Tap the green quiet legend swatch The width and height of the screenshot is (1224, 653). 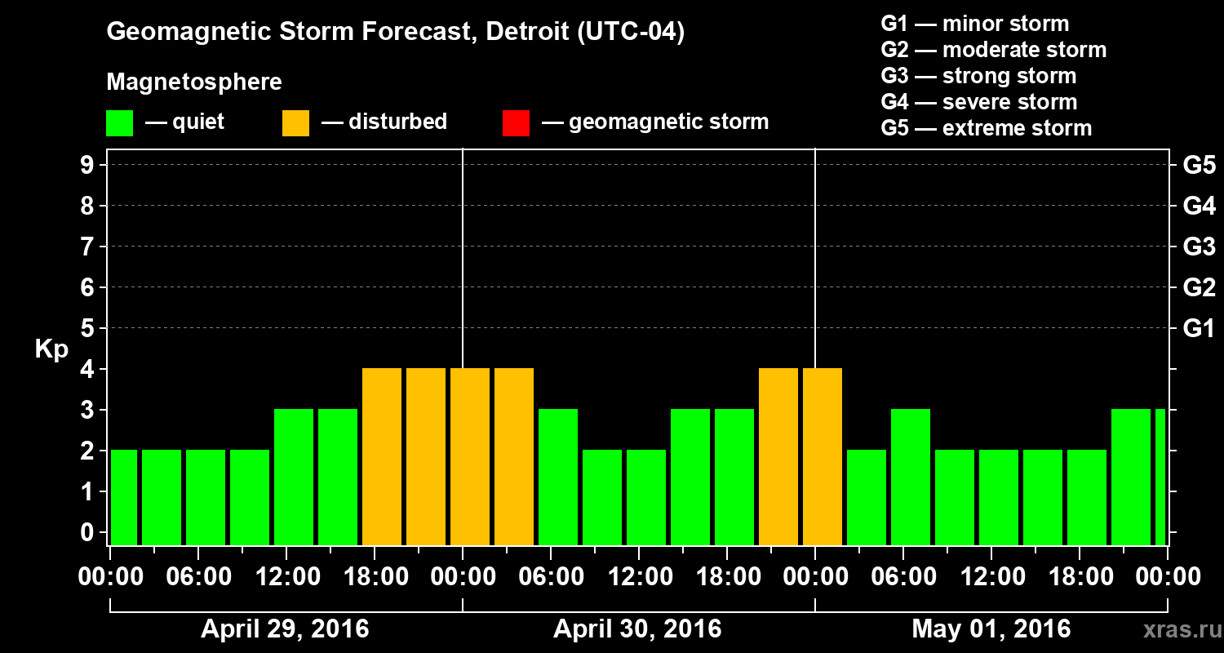click(x=119, y=122)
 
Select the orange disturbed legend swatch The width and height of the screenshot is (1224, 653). click(x=295, y=122)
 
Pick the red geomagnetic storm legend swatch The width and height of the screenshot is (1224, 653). click(x=516, y=122)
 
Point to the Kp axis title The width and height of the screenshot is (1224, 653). click(x=51, y=349)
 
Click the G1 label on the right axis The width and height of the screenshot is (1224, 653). click(x=1199, y=328)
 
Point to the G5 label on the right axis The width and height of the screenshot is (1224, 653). click(x=1199, y=165)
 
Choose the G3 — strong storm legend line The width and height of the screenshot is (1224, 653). click(x=978, y=76)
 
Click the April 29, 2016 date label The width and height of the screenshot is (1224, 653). click(x=285, y=629)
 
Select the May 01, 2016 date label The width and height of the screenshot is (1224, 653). click(x=991, y=629)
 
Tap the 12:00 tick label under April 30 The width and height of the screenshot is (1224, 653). click(x=639, y=576)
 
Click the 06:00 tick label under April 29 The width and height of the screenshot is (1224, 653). click(x=198, y=576)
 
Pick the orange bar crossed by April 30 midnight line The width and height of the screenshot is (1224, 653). click(x=470, y=457)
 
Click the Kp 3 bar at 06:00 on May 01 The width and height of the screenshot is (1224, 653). click(x=911, y=478)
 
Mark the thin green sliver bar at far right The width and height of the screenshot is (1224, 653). click(x=1160, y=478)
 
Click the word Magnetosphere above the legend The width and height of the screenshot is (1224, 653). click(x=194, y=82)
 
